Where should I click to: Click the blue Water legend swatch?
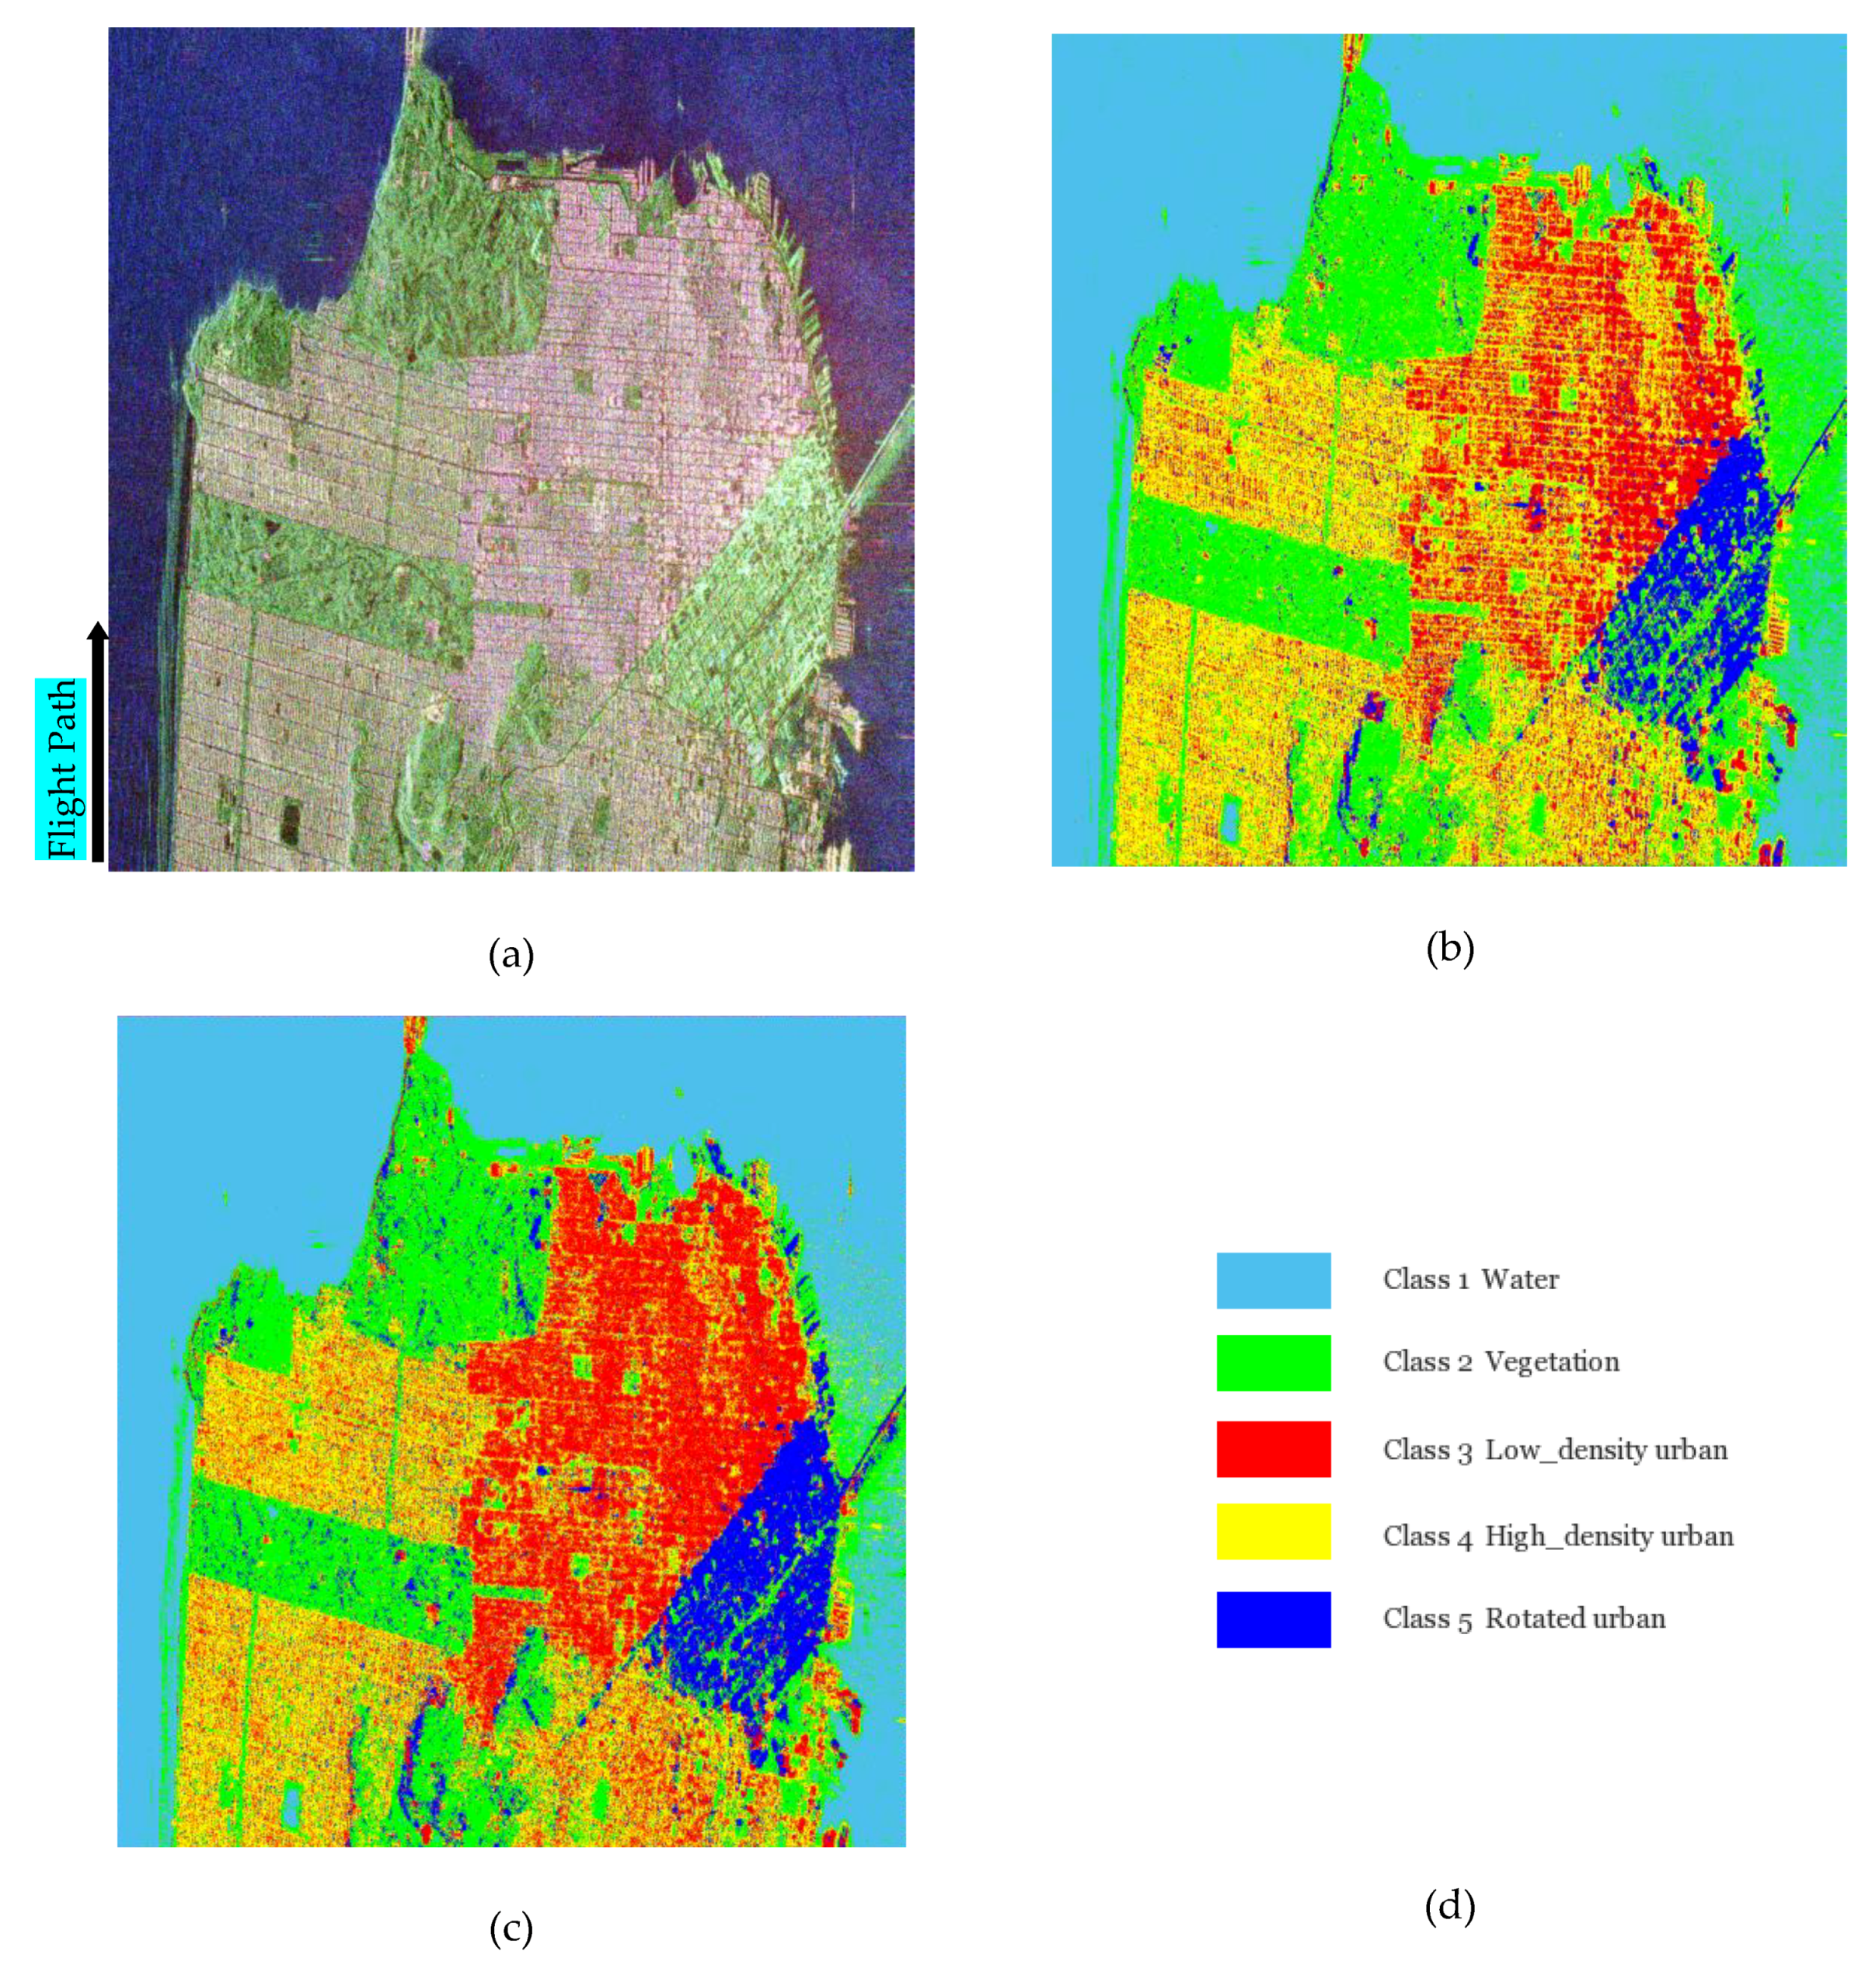coord(1273,1280)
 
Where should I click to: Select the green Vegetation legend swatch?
coord(1273,1363)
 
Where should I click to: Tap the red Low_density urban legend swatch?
coord(1273,1449)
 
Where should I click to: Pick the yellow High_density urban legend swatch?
coord(1273,1531)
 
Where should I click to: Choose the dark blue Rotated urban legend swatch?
coord(1273,1619)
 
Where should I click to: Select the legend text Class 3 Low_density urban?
coord(1555,1450)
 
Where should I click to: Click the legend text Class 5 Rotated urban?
coord(1524,1619)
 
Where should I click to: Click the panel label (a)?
coord(511,956)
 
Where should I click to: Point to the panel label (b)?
coord(1449,949)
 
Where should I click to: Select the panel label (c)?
coord(511,1929)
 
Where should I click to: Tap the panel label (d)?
coord(1449,1907)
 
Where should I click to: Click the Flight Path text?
coord(61,768)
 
